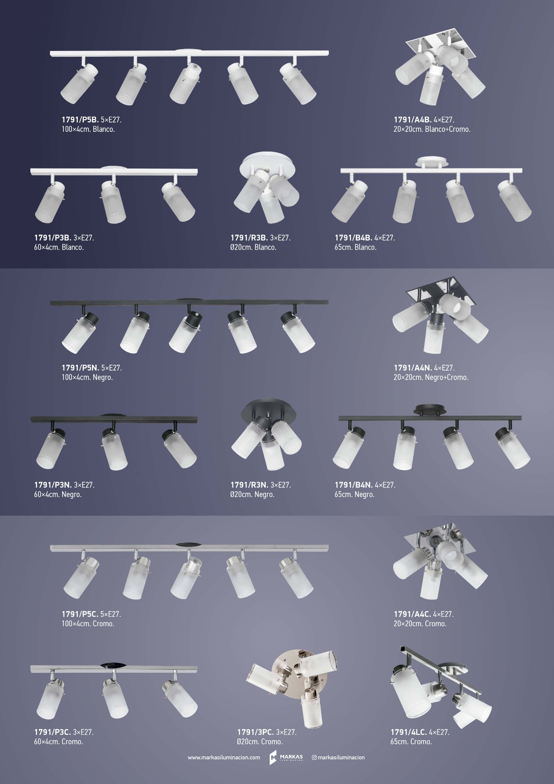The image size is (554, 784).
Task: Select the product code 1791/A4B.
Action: click(412, 120)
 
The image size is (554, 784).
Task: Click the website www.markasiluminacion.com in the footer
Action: click(224, 758)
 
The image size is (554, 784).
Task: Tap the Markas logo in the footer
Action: click(286, 758)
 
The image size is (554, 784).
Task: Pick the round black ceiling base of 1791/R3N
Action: click(269, 411)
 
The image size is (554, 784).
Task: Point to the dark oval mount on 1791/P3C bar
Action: click(113, 665)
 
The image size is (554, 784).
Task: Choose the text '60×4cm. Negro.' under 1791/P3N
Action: click(58, 495)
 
